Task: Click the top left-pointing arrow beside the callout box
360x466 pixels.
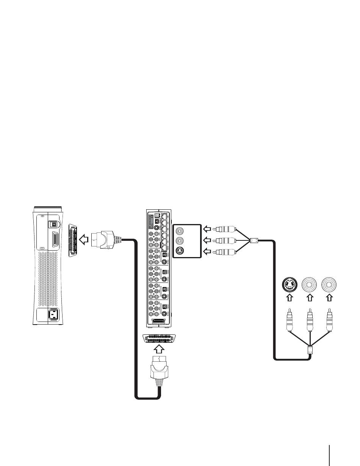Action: [207, 229]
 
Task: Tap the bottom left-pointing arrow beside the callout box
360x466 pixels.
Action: [207, 251]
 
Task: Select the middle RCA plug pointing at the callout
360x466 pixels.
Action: [224, 240]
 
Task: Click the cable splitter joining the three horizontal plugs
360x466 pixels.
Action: [255, 240]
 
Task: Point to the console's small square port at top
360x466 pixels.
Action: [53, 225]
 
